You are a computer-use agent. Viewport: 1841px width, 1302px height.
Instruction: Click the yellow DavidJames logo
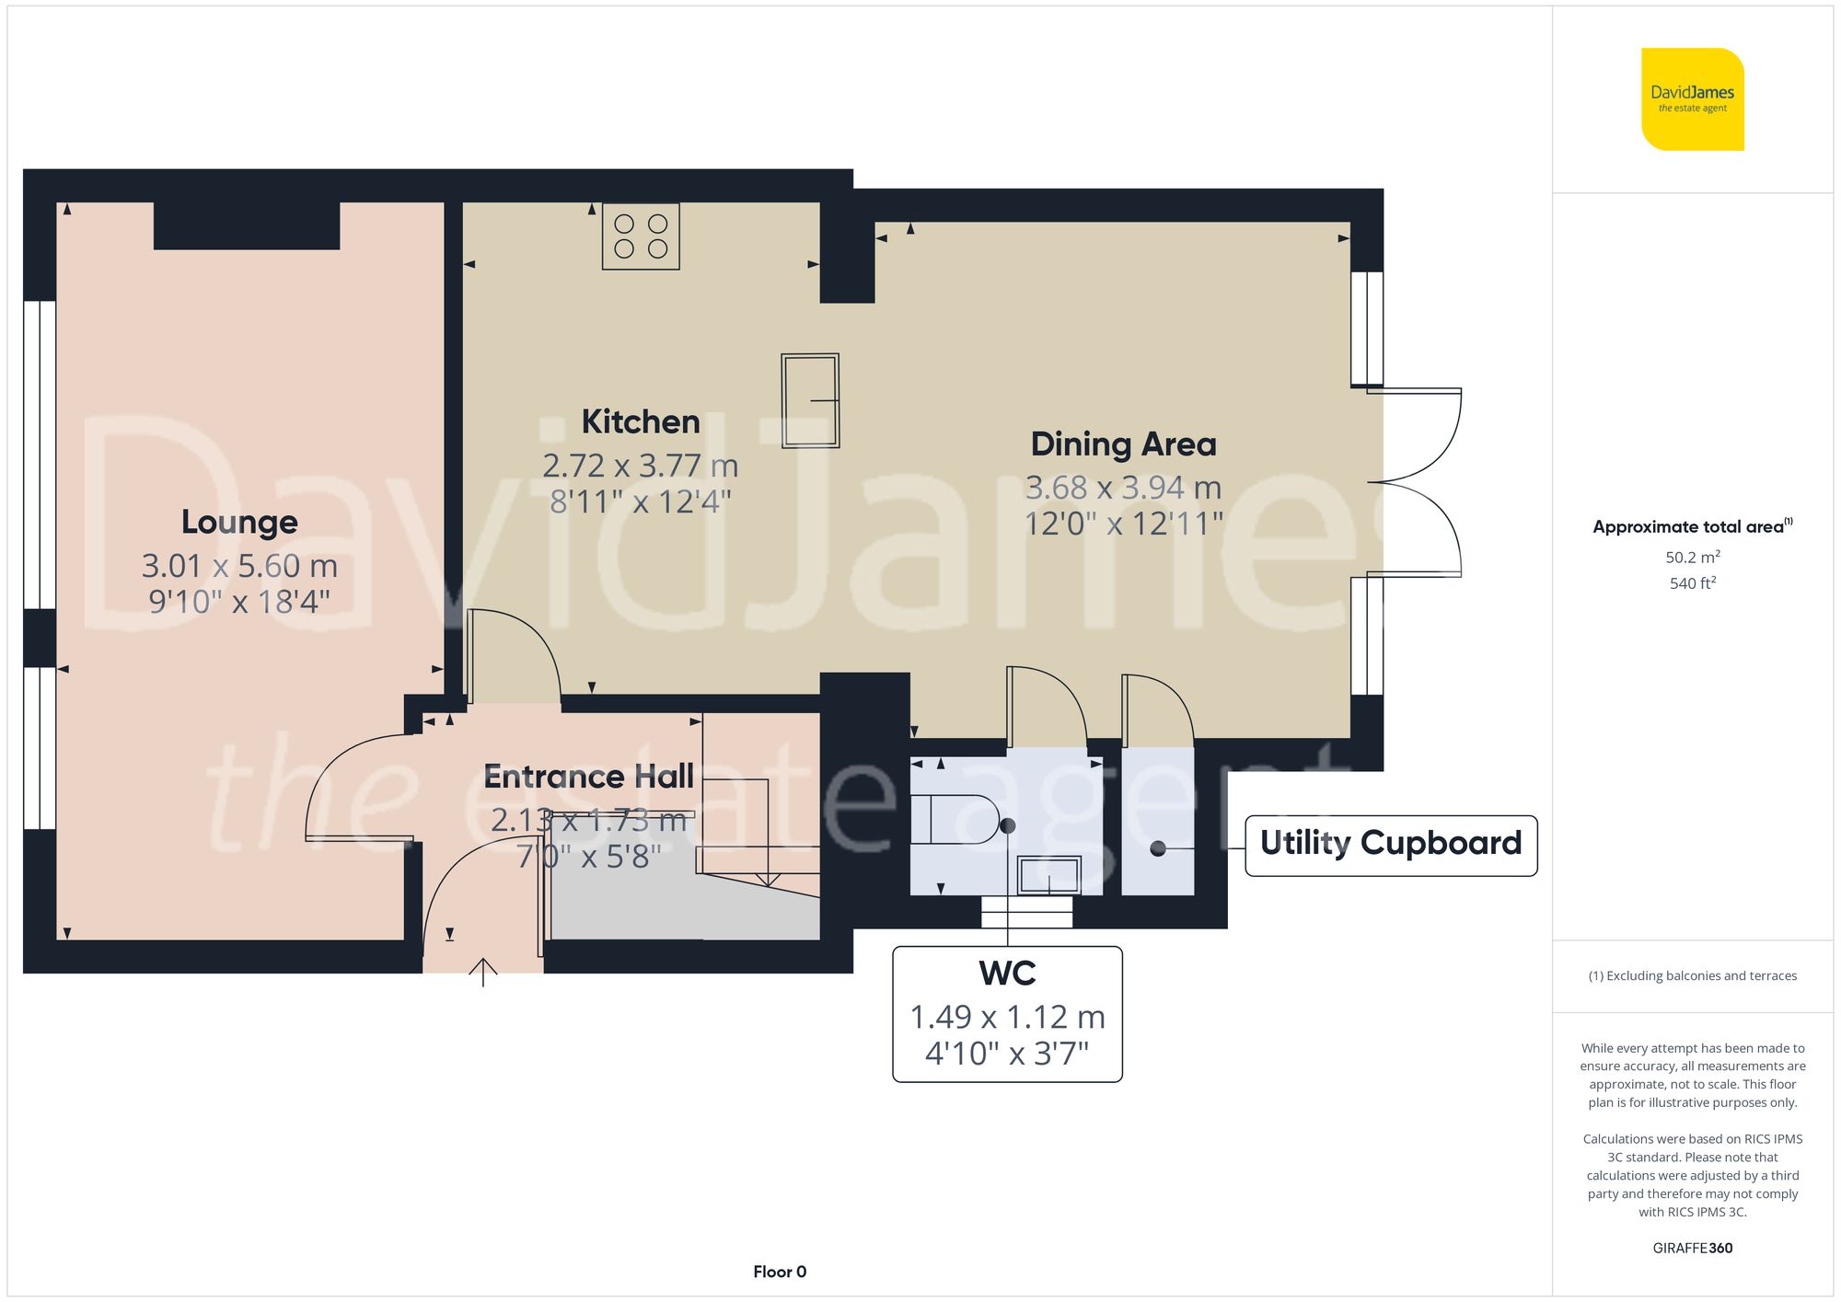tap(1692, 99)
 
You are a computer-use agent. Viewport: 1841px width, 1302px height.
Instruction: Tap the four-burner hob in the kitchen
tap(641, 236)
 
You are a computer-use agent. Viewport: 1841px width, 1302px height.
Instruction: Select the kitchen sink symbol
tap(810, 400)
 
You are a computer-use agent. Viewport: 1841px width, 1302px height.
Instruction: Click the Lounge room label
tap(239, 522)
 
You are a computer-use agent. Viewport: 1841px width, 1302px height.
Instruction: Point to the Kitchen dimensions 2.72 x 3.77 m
tap(641, 466)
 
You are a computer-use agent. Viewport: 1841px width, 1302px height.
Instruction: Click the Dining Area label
tap(1123, 444)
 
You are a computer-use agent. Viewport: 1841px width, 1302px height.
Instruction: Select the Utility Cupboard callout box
tap(1390, 844)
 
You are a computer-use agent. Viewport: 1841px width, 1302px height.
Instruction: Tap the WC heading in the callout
tap(1007, 973)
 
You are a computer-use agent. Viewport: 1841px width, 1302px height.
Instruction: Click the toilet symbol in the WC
tap(953, 819)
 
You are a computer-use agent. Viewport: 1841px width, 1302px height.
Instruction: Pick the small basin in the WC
tap(1049, 875)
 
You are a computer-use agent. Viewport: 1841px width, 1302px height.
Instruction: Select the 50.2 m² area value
tap(1692, 557)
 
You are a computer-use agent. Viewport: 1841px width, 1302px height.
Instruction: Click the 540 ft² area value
tap(1692, 583)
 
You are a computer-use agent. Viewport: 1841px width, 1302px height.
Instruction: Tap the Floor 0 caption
tap(780, 1272)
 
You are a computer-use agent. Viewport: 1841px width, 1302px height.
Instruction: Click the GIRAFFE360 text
tap(1692, 1248)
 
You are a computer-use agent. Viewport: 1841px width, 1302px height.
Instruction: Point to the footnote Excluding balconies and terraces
tap(1692, 975)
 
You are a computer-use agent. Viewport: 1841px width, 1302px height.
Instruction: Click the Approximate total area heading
tap(1689, 527)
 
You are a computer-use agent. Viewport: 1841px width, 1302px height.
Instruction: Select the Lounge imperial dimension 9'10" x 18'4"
tap(239, 602)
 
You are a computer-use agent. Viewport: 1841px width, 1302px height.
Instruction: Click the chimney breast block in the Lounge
tap(247, 225)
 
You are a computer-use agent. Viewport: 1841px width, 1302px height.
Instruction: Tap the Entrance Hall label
tap(588, 777)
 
